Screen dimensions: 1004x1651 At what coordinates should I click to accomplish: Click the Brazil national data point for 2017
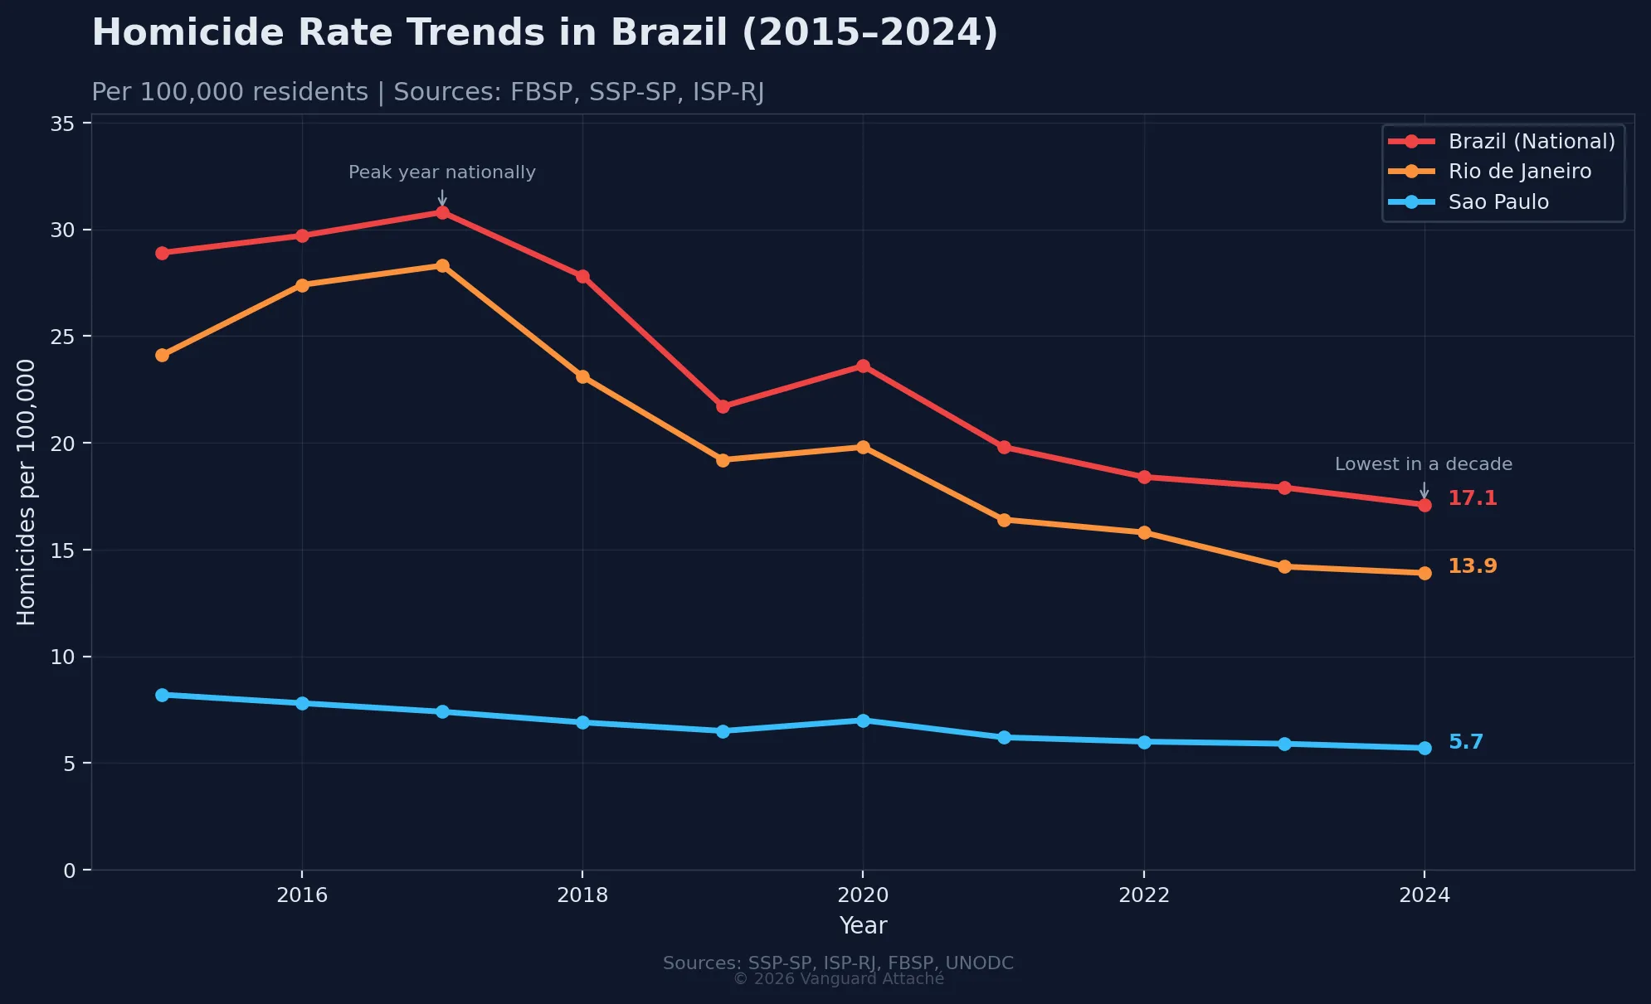(x=442, y=212)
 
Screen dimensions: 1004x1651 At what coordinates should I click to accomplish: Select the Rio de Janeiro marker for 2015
(x=162, y=355)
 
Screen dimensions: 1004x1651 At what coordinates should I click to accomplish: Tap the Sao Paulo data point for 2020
(x=863, y=720)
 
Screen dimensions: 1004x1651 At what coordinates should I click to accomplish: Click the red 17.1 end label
(x=1472, y=498)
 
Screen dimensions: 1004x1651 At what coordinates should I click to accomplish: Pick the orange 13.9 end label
(x=1472, y=566)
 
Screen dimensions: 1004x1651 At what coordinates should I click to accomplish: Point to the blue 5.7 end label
(x=1465, y=742)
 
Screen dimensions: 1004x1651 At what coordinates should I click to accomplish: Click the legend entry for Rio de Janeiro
(x=1519, y=172)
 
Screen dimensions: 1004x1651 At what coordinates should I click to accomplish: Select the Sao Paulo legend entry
(x=1498, y=202)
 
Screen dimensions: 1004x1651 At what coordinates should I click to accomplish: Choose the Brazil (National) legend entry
(x=1531, y=142)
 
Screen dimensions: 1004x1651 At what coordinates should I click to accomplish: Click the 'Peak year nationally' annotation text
(x=441, y=172)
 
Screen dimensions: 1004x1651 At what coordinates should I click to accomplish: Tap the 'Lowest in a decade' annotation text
(x=1423, y=464)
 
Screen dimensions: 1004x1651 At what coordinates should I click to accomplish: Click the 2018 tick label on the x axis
(x=582, y=895)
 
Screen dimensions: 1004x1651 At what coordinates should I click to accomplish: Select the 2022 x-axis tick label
(x=1143, y=895)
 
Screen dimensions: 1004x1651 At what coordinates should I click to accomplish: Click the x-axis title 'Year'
(x=863, y=926)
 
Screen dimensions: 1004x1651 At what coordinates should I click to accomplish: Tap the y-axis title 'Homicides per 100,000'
(x=27, y=492)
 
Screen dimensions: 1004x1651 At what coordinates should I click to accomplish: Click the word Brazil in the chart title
(x=669, y=33)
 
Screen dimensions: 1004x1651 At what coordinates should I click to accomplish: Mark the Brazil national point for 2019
(x=723, y=406)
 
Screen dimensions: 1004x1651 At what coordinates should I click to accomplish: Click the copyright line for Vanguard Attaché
(x=838, y=979)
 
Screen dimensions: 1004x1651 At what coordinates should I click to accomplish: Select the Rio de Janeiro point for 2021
(x=1003, y=520)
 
